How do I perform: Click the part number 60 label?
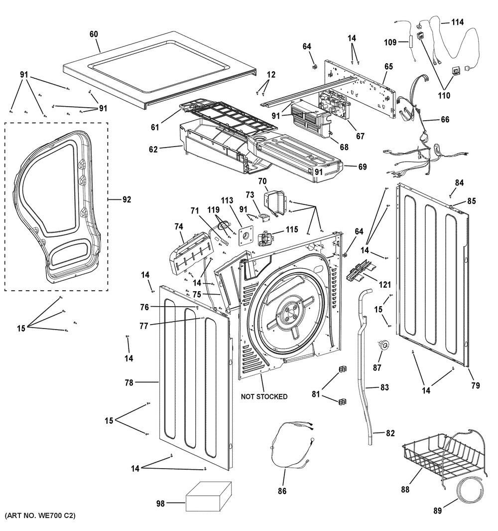click(94, 34)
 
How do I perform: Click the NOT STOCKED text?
click(264, 397)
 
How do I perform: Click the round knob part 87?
click(383, 344)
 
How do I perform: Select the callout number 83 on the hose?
click(384, 387)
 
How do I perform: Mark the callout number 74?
click(178, 226)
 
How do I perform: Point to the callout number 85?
click(471, 202)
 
